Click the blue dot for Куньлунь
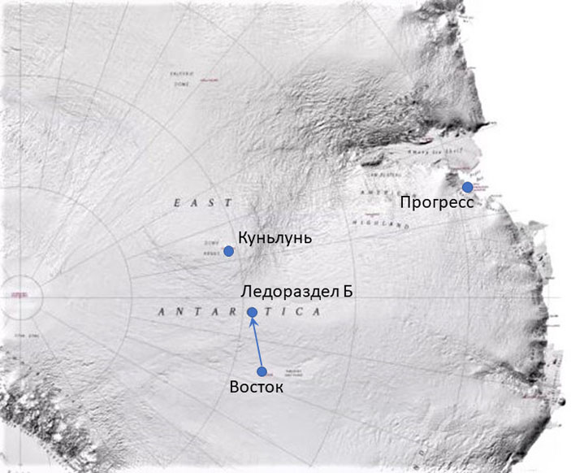pyautogui.click(x=229, y=251)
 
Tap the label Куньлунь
pyautogui.click(x=275, y=237)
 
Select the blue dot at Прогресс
pyautogui.click(x=468, y=187)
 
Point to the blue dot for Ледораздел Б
pyautogui.click(x=252, y=312)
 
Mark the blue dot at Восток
pyautogui.click(x=262, y=371)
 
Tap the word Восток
pyautogui.click(x=257, y=388)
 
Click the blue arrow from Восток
pyautogui.click(x=257, y=342)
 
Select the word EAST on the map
pyautogui.click(x=203, y=203)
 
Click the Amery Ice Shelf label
pyautogui.click(x=419, y=150)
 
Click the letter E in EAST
pyautogui.click(x=176, y=203)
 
